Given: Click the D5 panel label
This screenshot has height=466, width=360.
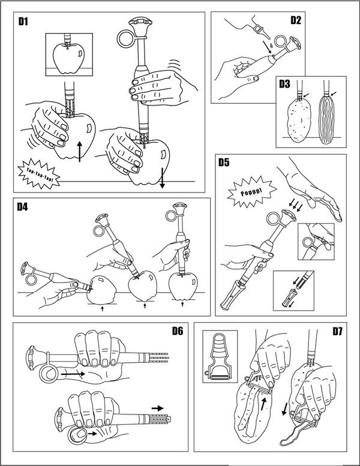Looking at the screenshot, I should click(x=224, y=162).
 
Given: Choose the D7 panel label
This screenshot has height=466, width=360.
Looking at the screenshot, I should click(x=331, y=330).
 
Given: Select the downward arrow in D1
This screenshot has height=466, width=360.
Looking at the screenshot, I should click(x=161, y=176).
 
